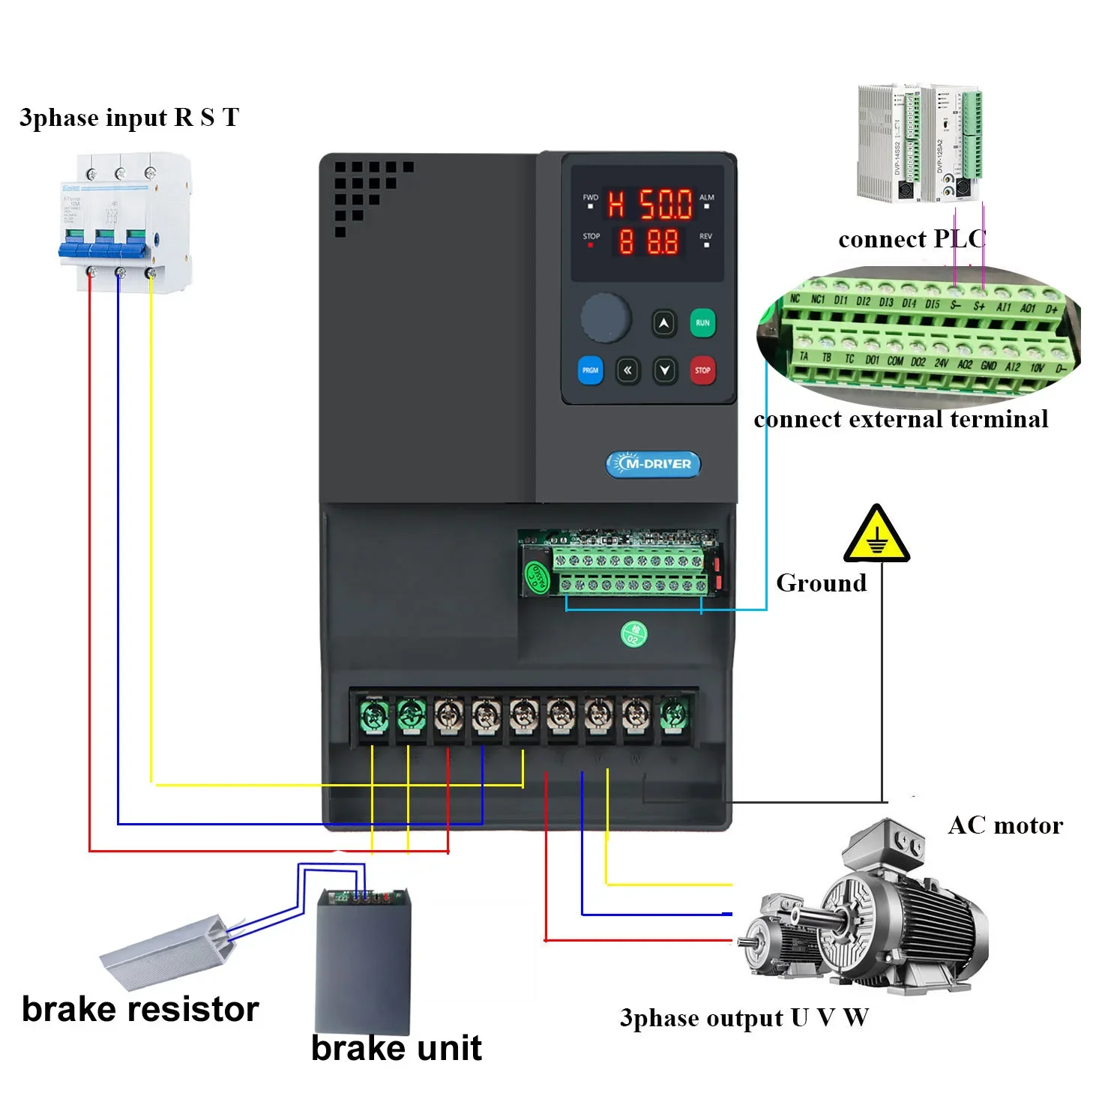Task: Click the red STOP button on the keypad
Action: coord(702,370)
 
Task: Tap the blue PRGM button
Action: coord(590,370)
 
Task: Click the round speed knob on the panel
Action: coord(606,318)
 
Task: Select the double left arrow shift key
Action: coord(627,370)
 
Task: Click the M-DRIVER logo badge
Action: coord(653,464)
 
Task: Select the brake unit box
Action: coord(364,960)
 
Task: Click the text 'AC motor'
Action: coord(1005,825)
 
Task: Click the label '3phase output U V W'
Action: coord(744,1018)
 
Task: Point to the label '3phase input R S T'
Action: coord(129,118)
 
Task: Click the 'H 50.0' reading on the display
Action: coord(649,203)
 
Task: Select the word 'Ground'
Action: coord(821,582)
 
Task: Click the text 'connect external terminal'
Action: coord(900,419)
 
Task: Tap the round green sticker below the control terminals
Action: coord(633,635)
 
